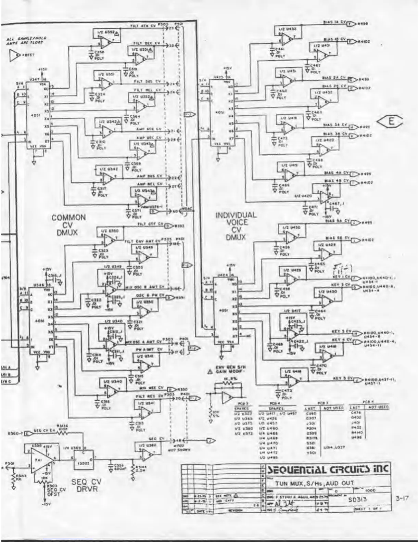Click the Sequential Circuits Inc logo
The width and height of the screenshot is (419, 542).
pyautogui.click(x=328, y=469)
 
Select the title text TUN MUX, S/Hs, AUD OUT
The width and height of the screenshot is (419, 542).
pyautogui.click(x=315, y=483)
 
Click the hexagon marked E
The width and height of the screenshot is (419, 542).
pyautogui.click(x=391, y=122)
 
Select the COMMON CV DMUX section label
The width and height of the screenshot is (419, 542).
pyautogui.click(x=68, y=225)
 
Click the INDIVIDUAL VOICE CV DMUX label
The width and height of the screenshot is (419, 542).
pyautogui.click(x=236, y=225)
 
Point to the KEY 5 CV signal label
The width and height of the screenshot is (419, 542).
pyautogui.click(x=343, y=378)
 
